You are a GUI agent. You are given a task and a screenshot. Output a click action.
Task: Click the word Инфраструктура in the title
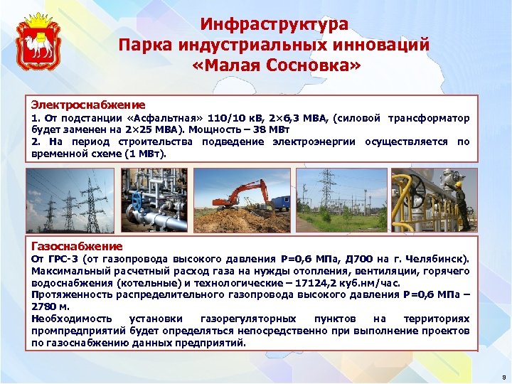point(274,24)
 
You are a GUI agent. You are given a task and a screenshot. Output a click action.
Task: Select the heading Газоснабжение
point(76,246)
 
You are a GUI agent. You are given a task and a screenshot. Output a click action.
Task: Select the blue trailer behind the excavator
point(282,202)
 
